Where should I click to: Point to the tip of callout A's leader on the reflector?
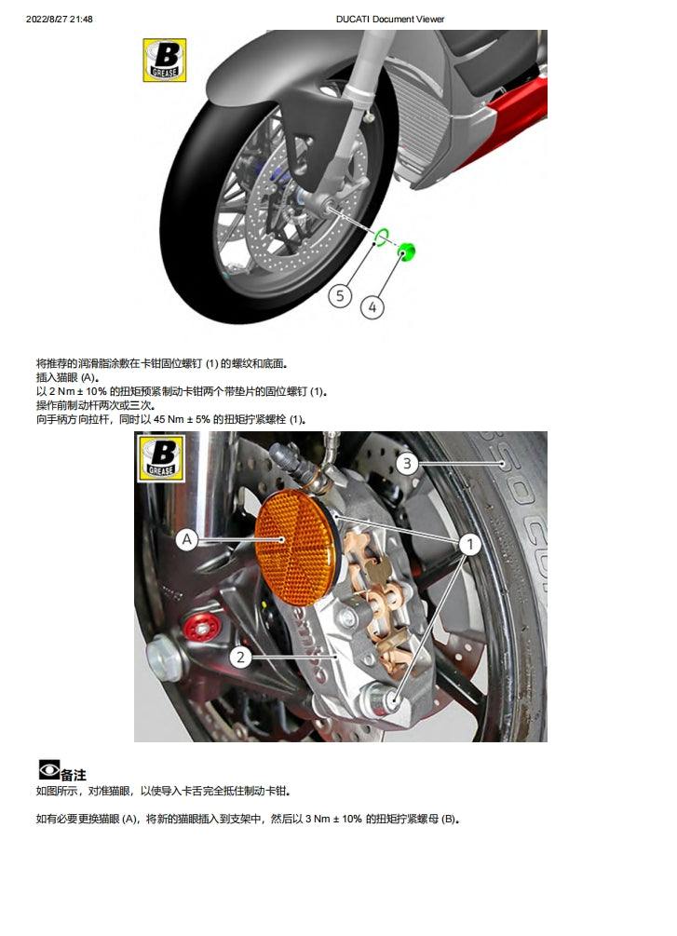click(x=282, y=539)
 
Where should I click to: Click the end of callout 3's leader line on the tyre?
click(x=503, y=463)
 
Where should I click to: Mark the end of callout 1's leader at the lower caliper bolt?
click(x=394, y=699)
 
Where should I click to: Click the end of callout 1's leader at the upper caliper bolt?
click(x=335, y=514)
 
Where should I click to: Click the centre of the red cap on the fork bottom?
click(x=202, y=628)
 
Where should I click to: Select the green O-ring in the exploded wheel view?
click(x=382, y=237)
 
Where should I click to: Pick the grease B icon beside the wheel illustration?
click(x=165, y=61)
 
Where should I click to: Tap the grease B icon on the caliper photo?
click(x=161, y=458)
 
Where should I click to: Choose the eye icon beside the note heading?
click(x=49, y=769)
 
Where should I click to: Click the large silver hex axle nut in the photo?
click(x=164, y=659)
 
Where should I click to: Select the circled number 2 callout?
click(x=240, y=658)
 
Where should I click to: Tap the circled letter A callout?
click(x=187, y=539)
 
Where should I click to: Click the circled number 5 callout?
click(x=340, y=295)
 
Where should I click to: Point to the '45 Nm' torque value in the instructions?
click(x=169, y=419)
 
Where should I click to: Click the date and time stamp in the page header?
click(x=59, y=20)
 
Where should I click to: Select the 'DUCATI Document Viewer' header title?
click(x=390, y=20)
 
